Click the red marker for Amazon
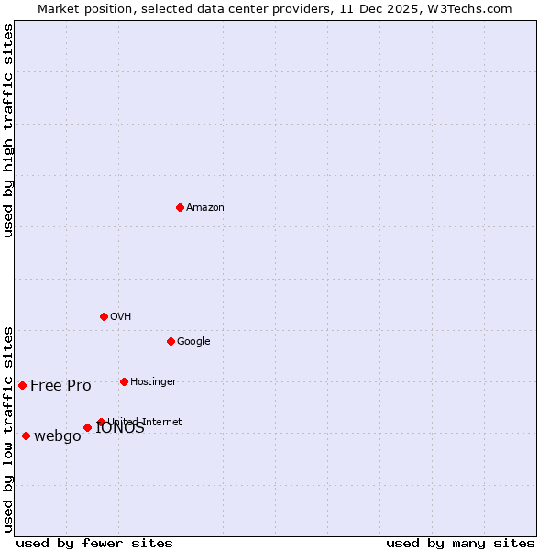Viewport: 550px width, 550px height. tap(180, 207)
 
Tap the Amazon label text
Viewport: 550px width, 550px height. tap(205, 208)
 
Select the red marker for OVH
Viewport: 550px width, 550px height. tap(104, 316)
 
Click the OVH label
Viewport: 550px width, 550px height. tap(121, 317)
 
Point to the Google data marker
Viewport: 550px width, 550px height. tap(170, 341)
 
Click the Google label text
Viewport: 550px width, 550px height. tap(193, 342)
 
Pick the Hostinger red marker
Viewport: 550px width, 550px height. tap(124, 381)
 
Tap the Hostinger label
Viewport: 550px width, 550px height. tap(153, 382)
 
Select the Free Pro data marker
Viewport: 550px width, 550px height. tap(22, 385)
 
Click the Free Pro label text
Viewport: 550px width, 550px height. tap(60, 386)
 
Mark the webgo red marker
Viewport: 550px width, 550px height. tap(26, 435)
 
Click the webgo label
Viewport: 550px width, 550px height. tap(58, 436)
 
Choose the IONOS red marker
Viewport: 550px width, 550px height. tap(87, 427)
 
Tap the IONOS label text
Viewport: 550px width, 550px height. tap(121, 429)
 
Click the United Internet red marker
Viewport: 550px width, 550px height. tap(101, 422)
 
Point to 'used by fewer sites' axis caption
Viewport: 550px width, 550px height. tap(94, 543)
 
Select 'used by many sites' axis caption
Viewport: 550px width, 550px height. tap(460, 543)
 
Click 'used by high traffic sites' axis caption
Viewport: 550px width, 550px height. tap(9, 130)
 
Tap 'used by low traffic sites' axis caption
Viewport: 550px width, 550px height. tap(9, 429)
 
